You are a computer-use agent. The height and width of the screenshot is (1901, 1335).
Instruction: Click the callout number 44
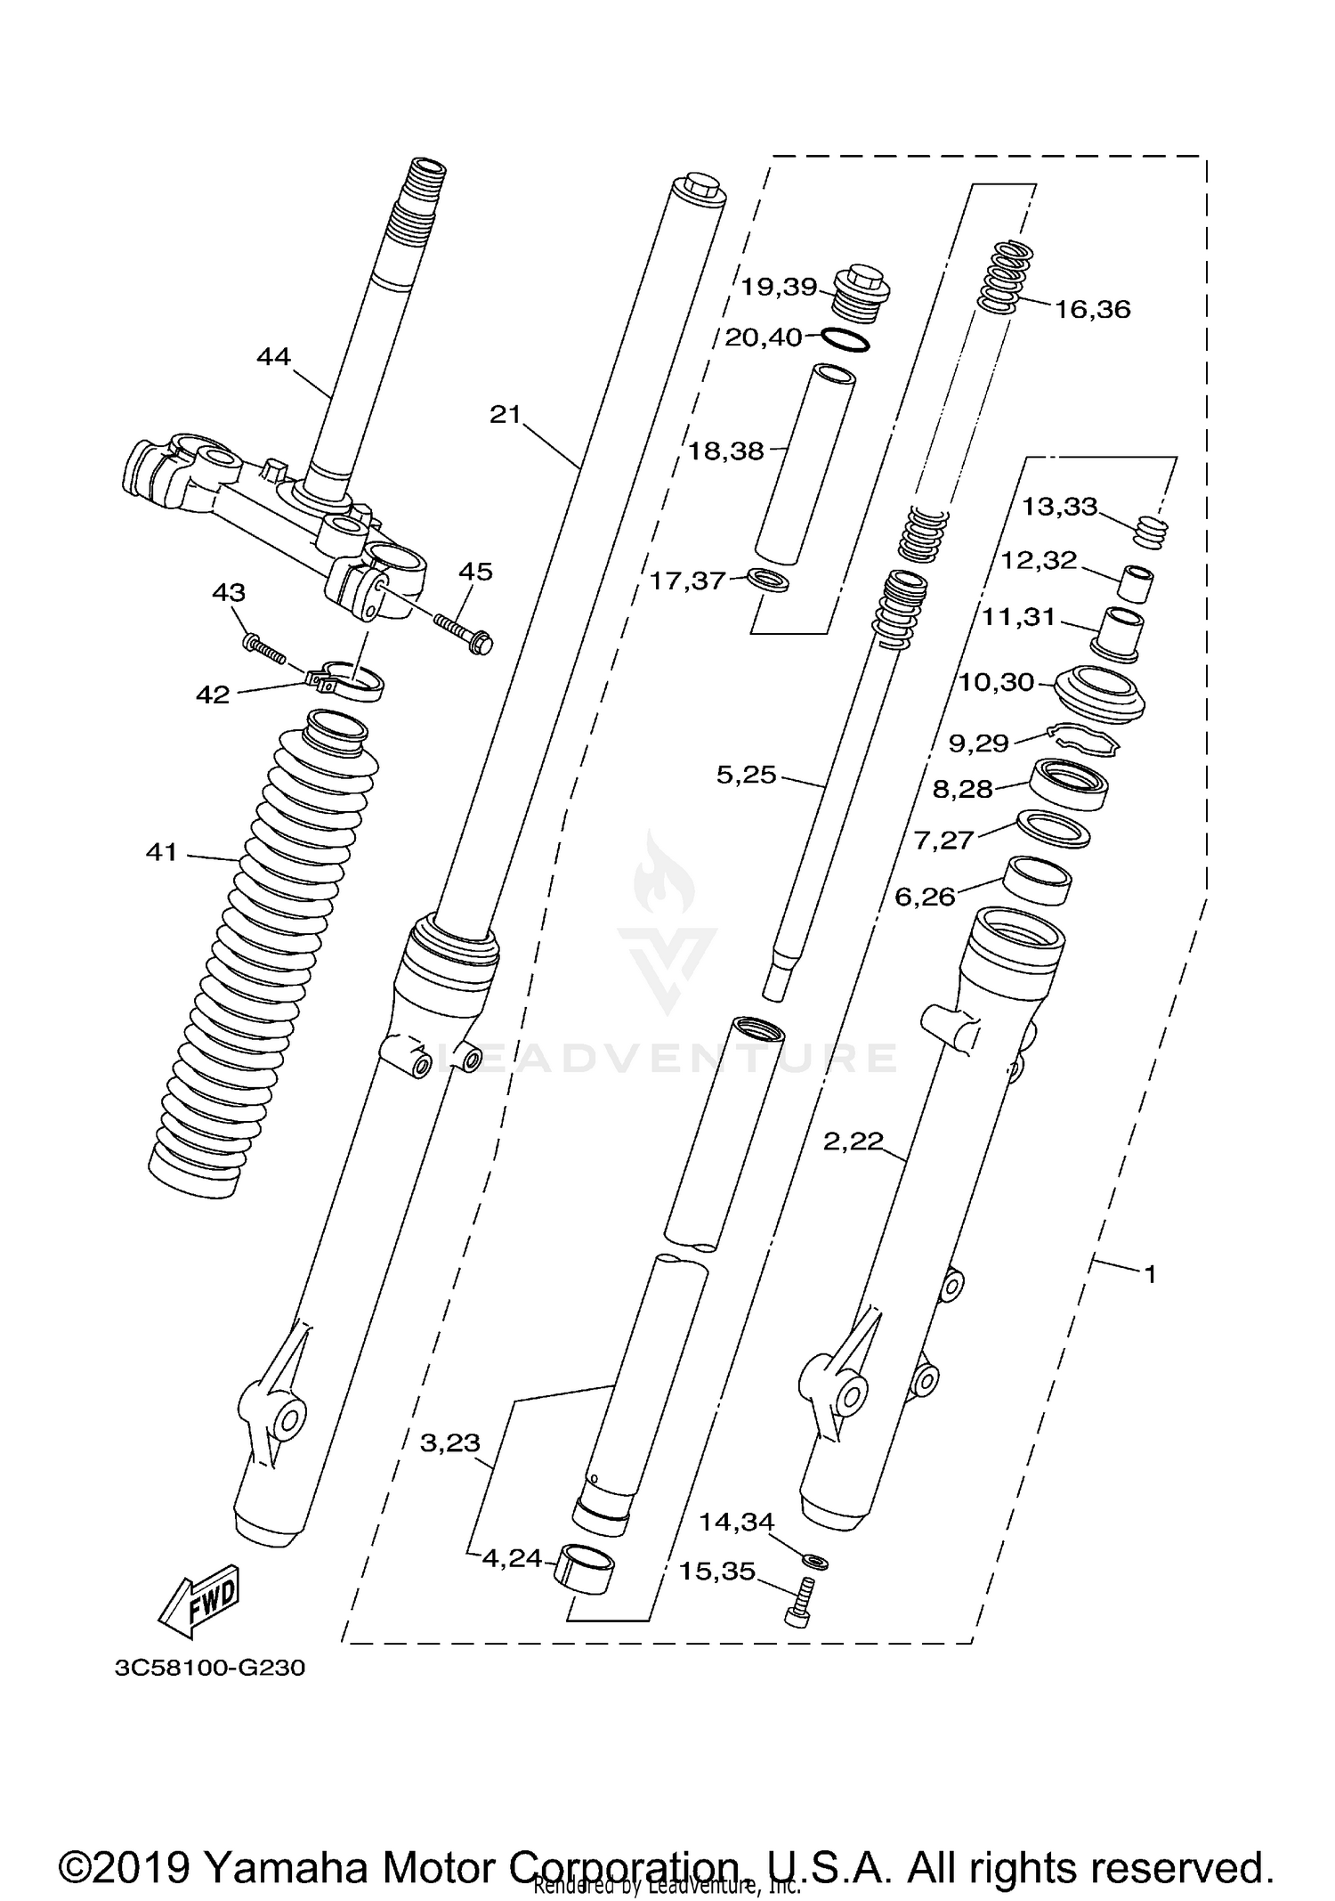[x=273, y=357]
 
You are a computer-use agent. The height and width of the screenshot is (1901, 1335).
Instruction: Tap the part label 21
[x=505, y=415]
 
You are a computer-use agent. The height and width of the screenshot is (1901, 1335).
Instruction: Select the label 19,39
[x=780, y=287]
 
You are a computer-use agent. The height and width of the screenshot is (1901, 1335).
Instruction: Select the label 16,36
[x=1092, y=310]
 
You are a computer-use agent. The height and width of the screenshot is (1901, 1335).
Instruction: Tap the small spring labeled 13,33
[x=1152, y=532]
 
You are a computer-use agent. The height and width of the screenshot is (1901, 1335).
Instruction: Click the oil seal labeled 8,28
[x=1069, y=783]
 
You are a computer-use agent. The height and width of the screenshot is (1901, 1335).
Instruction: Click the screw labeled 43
[x=263, y=649]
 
